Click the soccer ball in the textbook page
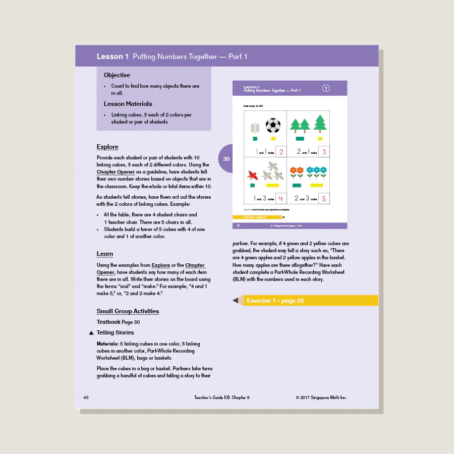(273, 126)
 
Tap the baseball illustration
(255, 128)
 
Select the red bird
(252, 175)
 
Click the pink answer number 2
(281, 152)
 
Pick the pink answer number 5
(324, 199)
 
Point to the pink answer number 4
(281, 199)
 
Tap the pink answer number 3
(324, 152)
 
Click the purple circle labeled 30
(226, 159)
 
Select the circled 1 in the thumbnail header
(326, 89)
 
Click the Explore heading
(107, 147)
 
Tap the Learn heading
(105, 254)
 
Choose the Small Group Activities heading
(128, 311)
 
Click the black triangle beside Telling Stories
(91, 333)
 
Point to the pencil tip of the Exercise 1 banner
(236, 301)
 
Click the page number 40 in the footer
(86, 398)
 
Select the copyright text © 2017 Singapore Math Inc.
(321, 398)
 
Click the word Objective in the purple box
(117, 75)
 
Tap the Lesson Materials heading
(128, 104)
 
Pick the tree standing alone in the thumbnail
(320, 124)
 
